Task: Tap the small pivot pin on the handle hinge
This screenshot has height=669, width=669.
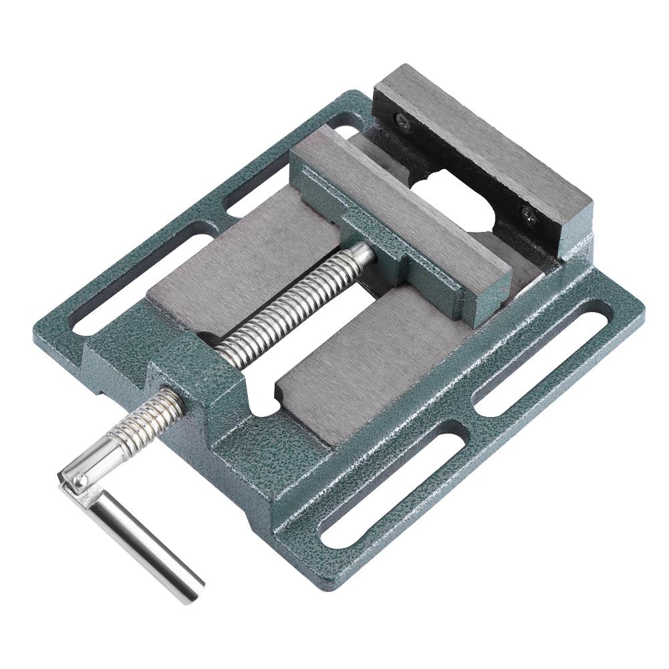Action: pos(80,479)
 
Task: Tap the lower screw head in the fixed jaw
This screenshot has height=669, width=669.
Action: pos(528,215)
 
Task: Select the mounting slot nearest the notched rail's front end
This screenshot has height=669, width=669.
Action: pos(394,488)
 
